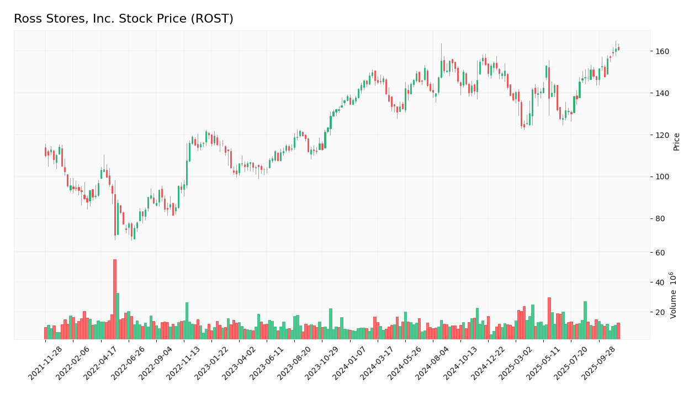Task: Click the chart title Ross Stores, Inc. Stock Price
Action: pos(123,19)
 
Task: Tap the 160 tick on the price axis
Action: pos(662,51)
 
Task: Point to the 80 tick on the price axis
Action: pos(660,218)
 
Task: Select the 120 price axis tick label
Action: pos(662,135)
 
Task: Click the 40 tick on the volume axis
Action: pos(660,282)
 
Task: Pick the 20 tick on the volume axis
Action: pos(660,312)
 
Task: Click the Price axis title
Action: pos(676,142)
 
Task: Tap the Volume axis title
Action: pos(674,295)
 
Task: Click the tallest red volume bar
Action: pos(115,299)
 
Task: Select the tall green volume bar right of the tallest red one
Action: pos(118,316)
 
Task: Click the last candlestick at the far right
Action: pos(618,49)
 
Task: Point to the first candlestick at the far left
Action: pos(46,151)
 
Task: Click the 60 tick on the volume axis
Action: pos(660,253)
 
